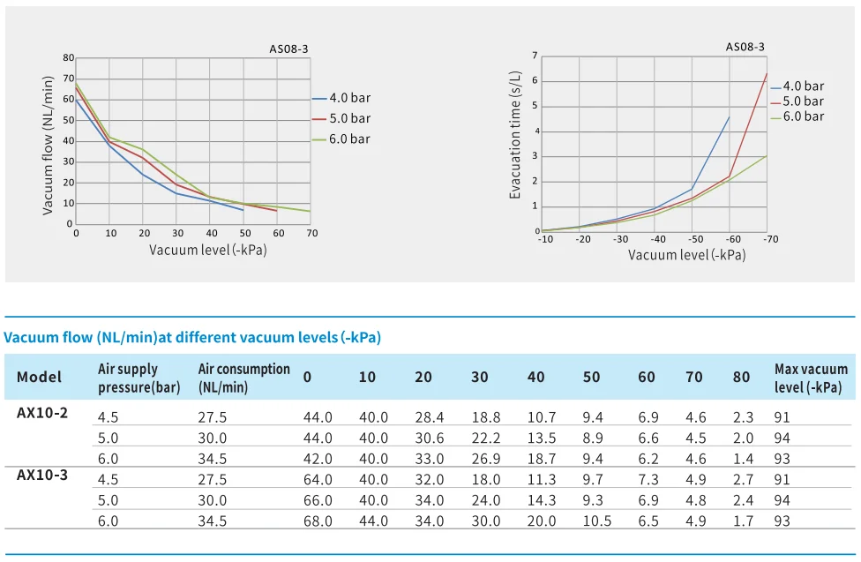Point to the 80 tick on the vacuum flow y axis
point(69,58)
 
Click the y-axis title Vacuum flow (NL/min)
point(49,144)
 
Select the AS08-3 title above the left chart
point(288,49)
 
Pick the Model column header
point(40,378)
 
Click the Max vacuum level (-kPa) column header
point(811,378)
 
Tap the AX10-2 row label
point(42,412)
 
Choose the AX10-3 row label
point(42,475)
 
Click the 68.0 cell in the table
point(318,521)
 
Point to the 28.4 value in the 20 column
point(430,417)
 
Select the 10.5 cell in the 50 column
point(597,521)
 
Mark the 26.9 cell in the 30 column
point(485,459)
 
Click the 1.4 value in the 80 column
point(742,459)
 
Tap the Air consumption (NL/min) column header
point(244,378)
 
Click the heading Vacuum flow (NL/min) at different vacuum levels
point(192,338)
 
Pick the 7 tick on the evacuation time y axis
point(535,56)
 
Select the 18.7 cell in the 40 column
point(542,459)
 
